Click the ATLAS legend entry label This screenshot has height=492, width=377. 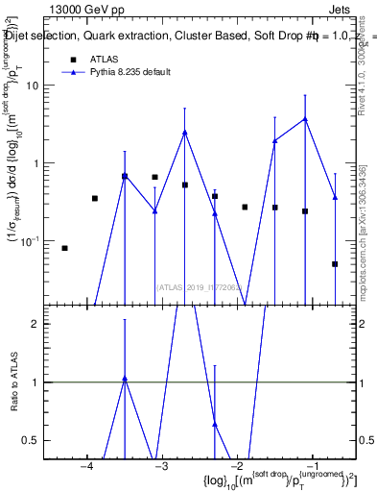click(105, 60)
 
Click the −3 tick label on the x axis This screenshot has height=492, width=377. click(160, 466)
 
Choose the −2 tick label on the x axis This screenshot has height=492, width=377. click(236, 466)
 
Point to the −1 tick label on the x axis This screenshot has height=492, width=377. click(311, 466)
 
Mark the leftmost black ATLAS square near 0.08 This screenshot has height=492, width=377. click(64, 248)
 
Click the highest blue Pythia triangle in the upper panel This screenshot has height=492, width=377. click(305, 119)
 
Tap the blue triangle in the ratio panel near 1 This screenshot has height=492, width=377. click(125, 379)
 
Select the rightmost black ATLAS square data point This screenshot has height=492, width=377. click(335, 263)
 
